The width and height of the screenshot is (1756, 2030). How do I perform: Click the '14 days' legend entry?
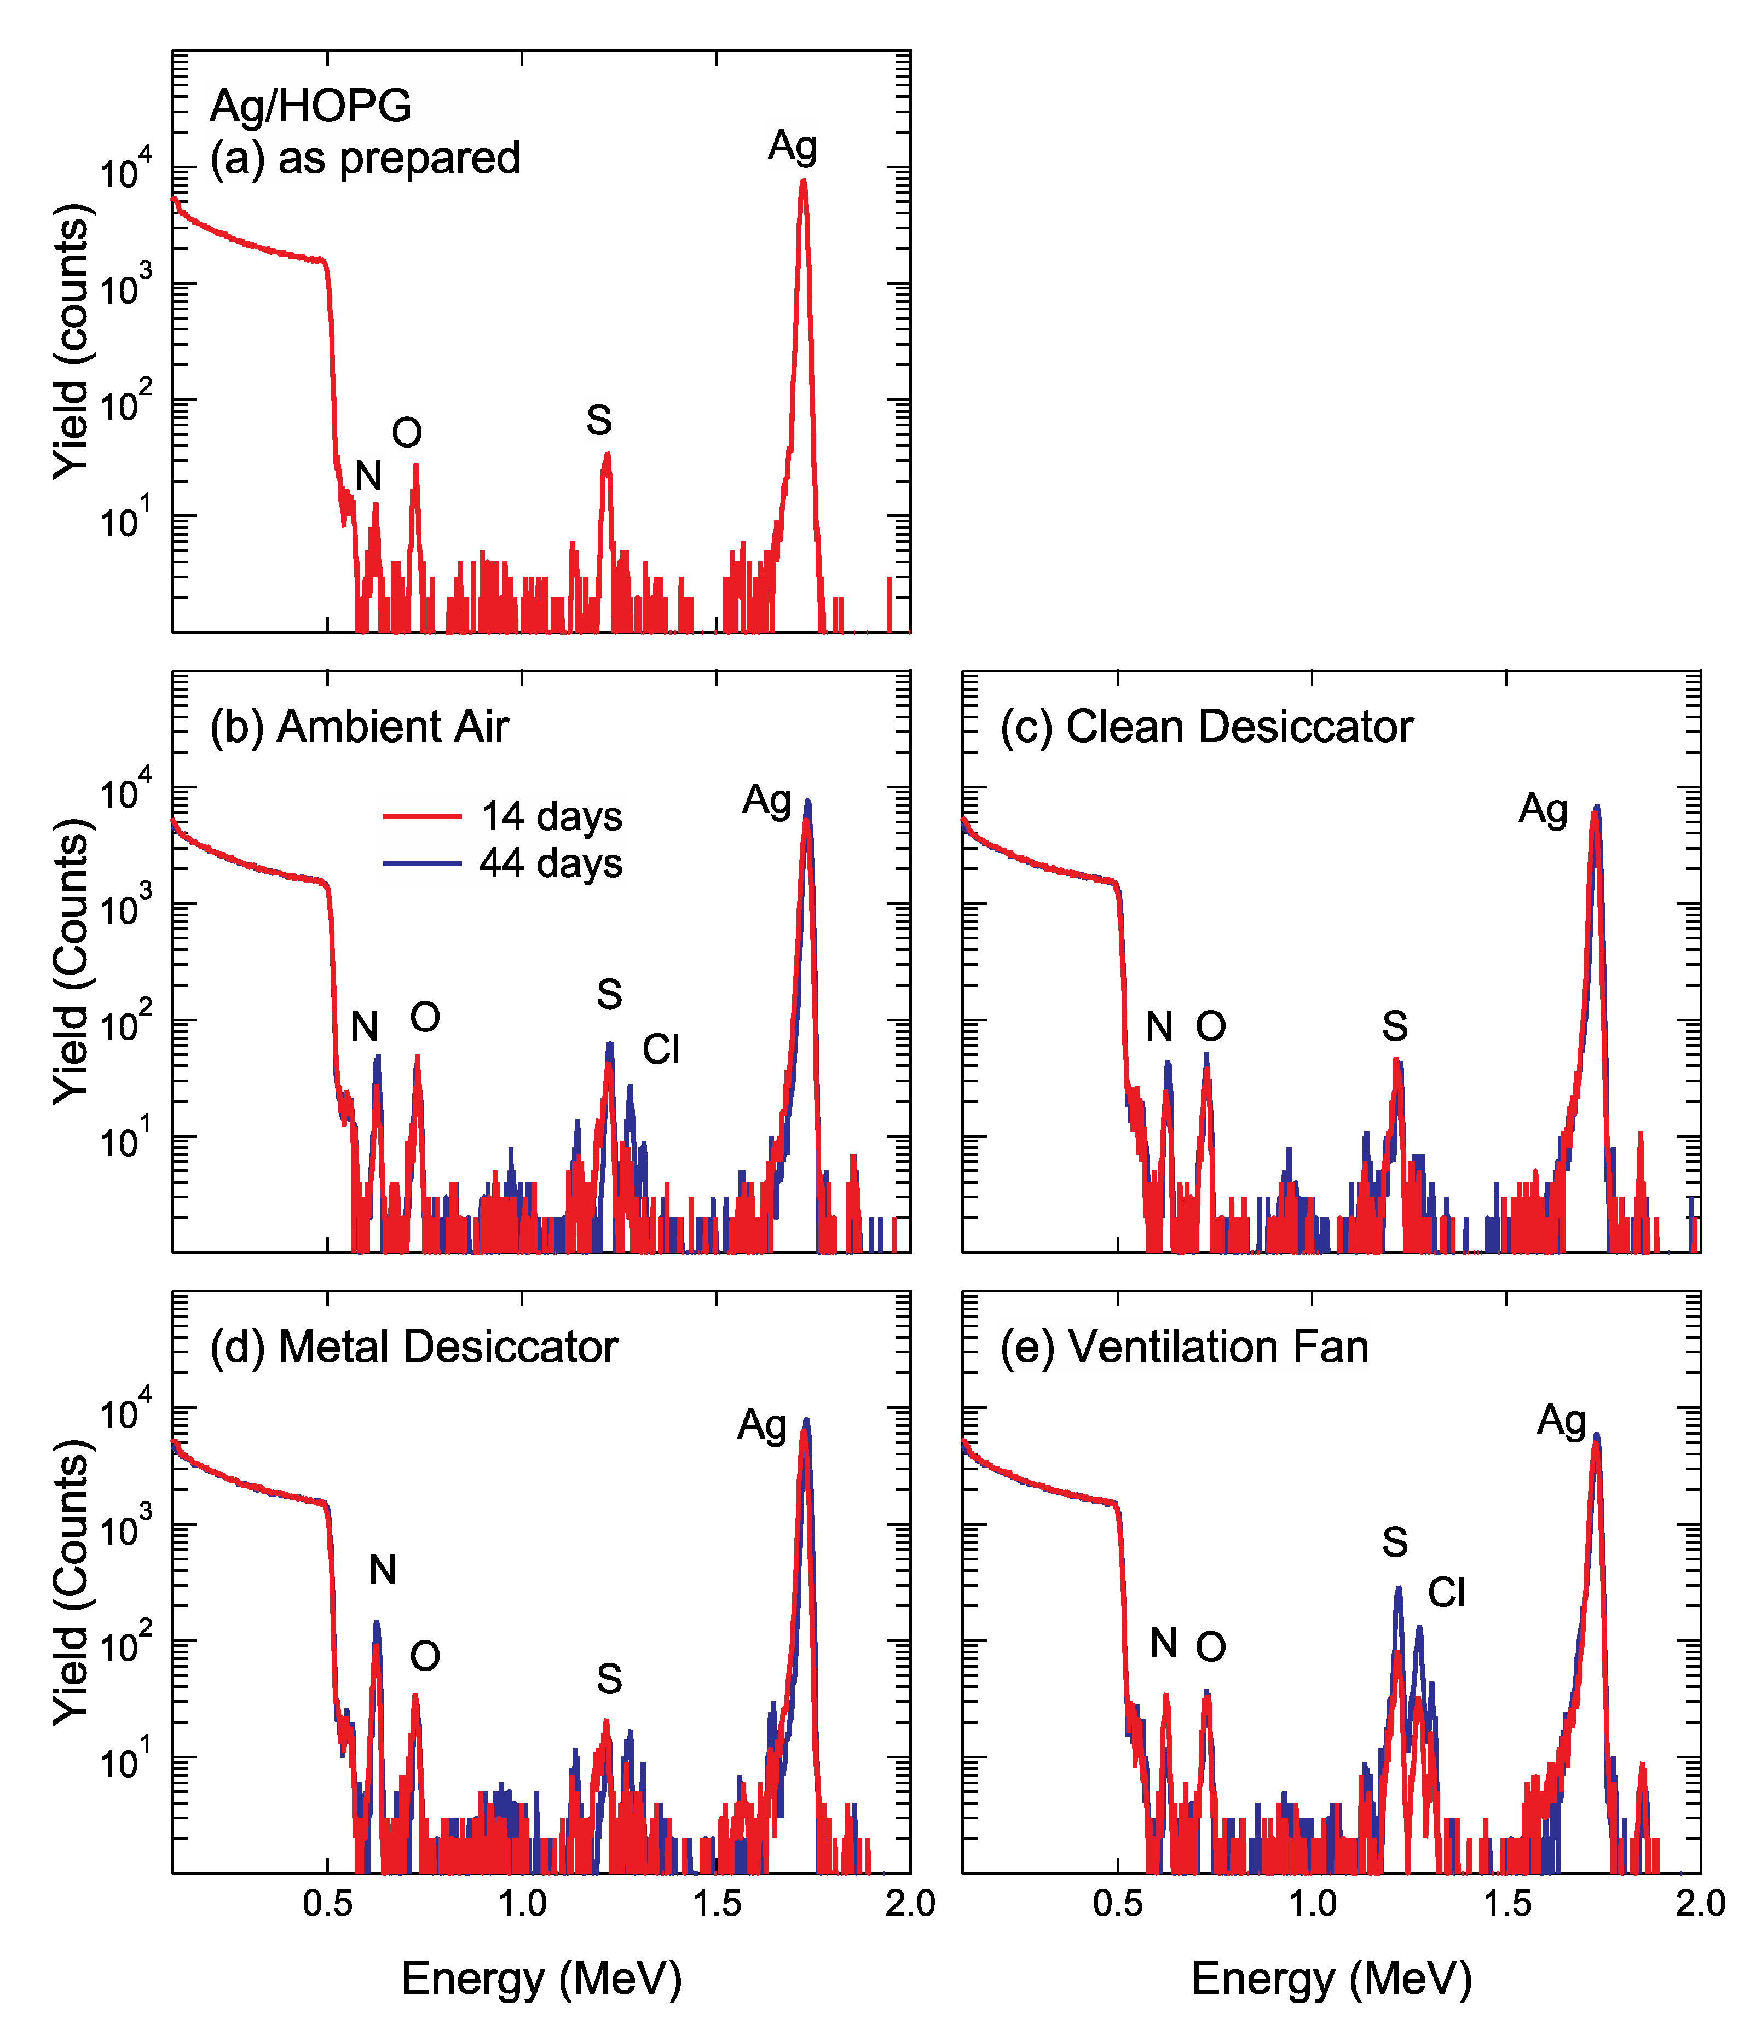point(551,816)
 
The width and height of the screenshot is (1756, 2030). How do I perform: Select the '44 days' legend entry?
point(551,863)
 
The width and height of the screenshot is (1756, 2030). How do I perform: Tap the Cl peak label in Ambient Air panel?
point(661,1049)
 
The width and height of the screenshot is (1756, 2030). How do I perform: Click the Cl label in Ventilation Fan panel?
point(1446,1592)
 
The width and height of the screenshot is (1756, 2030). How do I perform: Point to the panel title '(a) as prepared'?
point(365,159)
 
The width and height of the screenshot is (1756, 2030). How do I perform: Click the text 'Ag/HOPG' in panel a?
point(310,106)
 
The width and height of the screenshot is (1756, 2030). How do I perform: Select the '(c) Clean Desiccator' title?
point(1206,727)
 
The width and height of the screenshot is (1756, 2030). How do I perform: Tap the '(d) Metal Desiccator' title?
point(413,1347)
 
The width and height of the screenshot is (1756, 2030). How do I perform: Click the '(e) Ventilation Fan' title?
point(1184,1347)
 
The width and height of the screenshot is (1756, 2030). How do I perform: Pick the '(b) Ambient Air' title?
point(360,727)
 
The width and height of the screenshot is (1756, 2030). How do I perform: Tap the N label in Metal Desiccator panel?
point(382,1569)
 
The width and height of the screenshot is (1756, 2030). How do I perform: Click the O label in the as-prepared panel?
point(407,433)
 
